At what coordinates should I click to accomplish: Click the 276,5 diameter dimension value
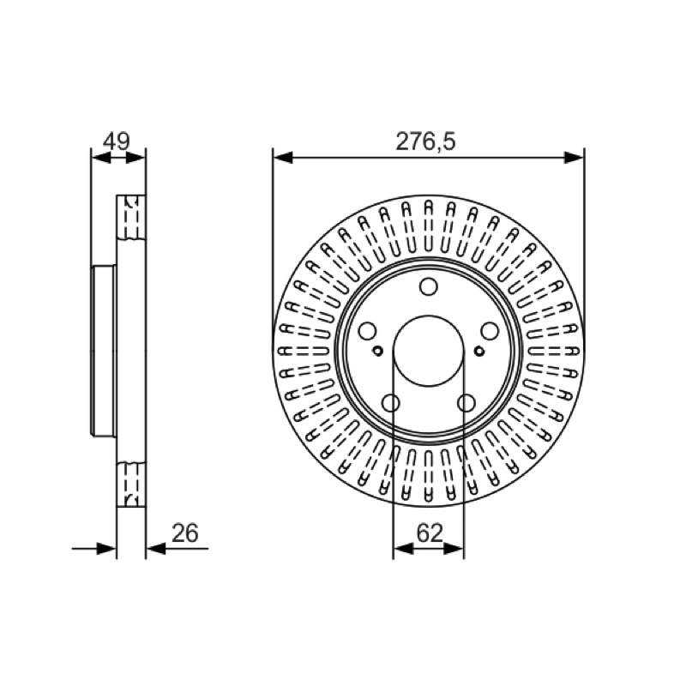point(425,141)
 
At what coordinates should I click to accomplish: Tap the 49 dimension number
point(117,141)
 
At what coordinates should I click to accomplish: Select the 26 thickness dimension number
point(184,533)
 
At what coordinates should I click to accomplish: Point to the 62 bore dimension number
point(430,533)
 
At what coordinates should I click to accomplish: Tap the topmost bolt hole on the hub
point(428,286)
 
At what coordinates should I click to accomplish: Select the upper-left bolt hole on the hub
point(367,331)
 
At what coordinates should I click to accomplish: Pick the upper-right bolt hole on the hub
point(490,331)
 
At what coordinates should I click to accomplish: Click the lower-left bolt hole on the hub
point(391,403)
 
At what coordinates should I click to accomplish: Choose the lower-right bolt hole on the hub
point(466,403)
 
